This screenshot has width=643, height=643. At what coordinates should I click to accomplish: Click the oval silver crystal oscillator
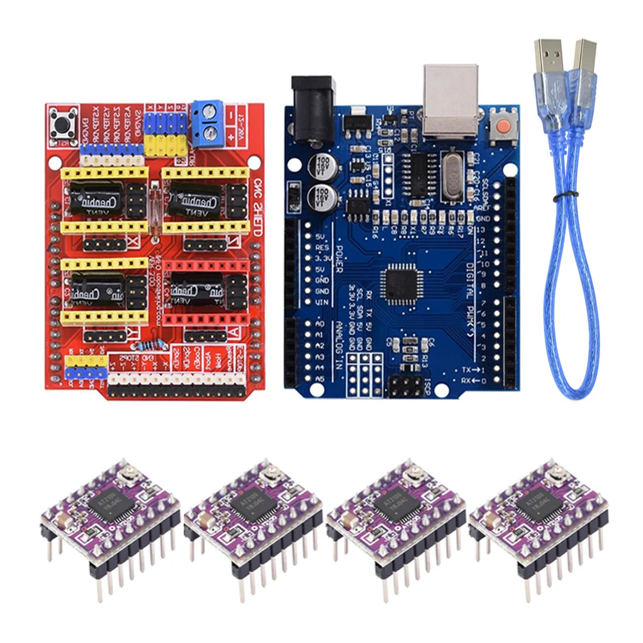point(457,172)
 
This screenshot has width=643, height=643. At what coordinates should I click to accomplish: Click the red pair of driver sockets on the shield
point(204,292)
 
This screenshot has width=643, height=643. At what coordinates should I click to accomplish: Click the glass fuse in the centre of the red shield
point(157,200)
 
